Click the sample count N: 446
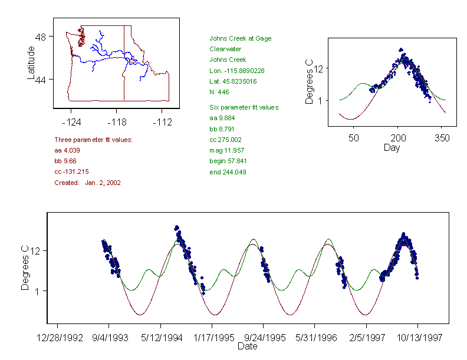click(219, 92)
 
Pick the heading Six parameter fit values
click(244, 107)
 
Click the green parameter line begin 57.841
click(228, 161)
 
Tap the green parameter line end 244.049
click(228, 172)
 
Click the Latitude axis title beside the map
click(31, 63)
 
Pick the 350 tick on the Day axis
click(442, 138)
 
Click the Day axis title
click(391, 147)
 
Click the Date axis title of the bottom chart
click(247, 346)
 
